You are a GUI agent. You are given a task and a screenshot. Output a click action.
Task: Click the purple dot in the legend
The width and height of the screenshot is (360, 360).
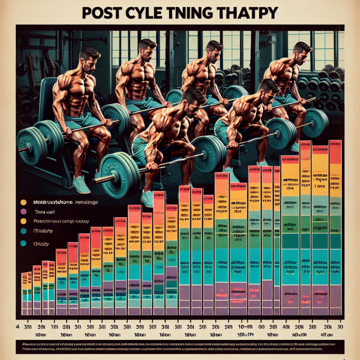pos(23,211)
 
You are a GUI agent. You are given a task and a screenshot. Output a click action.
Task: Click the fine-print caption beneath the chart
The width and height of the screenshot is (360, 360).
pos(180,346)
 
